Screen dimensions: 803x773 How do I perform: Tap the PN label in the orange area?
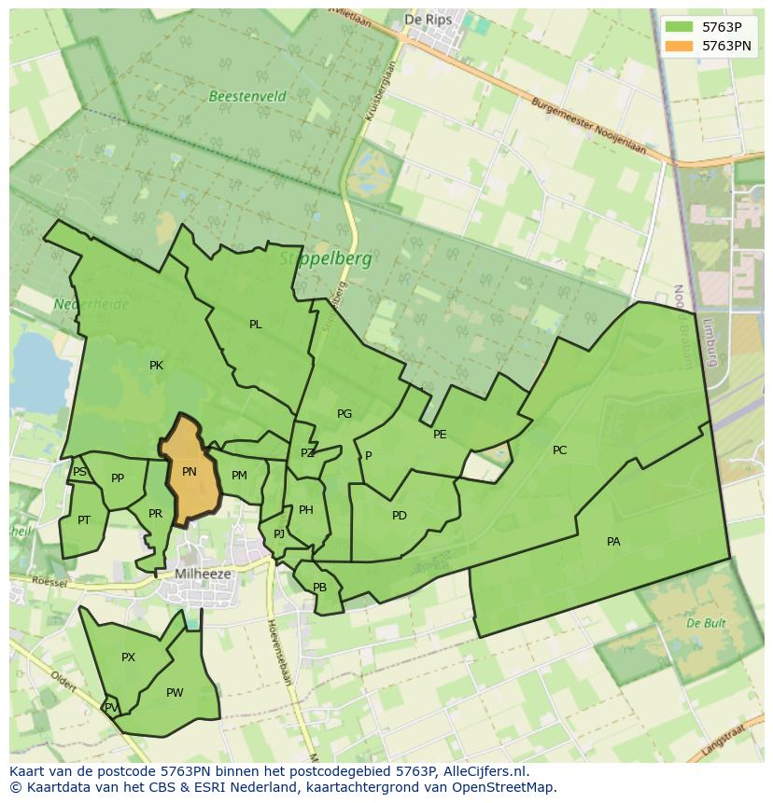[190, 472]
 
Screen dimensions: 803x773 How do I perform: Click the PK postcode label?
[156, 366]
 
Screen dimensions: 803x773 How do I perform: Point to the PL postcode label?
[255, 325]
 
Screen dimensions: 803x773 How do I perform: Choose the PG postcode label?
[344, 414]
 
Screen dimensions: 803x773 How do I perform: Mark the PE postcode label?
[440, 435]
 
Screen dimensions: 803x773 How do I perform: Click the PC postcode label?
[559, 450]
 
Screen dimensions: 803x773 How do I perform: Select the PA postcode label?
[613, 542]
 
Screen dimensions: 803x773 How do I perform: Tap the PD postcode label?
[400, 516]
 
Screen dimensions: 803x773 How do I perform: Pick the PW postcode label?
[175, 693]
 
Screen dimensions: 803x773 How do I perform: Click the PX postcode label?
[129, 658]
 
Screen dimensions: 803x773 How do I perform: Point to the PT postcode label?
[84, 520]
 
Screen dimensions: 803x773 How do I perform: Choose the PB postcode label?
[319, 588]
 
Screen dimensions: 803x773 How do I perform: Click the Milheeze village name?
[203, 575]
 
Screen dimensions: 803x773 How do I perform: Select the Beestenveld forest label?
[247, 96]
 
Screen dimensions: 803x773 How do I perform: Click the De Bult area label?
[706, 623]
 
